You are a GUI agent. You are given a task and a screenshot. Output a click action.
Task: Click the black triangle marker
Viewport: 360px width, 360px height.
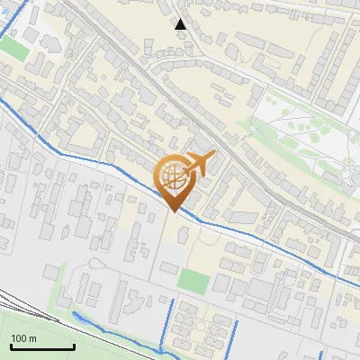181,24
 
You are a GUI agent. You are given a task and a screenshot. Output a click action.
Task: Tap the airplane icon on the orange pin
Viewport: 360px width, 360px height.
197,165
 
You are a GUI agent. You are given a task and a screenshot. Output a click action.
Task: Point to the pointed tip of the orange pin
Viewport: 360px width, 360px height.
175,212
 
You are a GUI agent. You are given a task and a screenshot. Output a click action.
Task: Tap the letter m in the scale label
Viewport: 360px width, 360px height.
33,338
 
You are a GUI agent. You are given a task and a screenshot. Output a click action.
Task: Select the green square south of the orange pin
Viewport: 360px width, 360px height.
193,281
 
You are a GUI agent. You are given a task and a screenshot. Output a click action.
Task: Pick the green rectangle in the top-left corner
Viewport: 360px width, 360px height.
13,50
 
